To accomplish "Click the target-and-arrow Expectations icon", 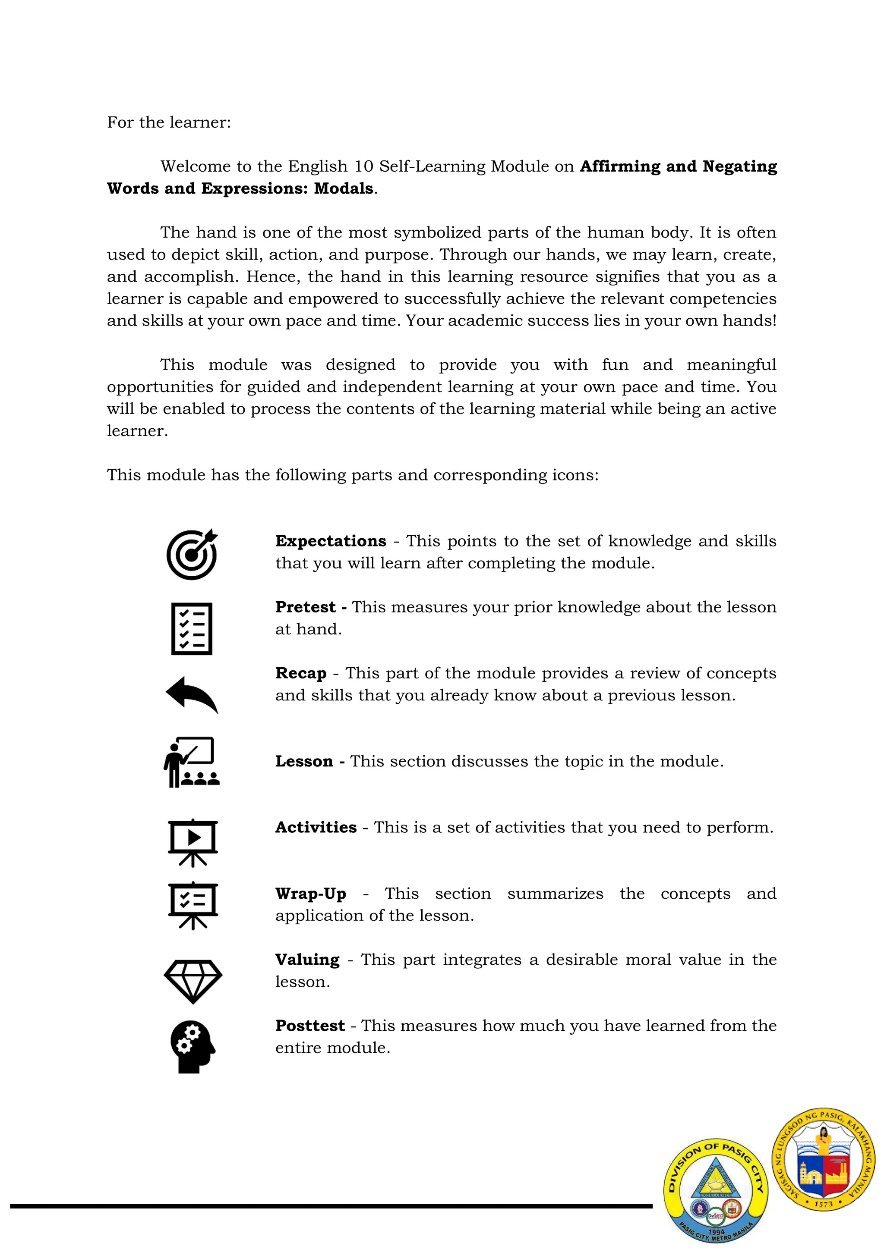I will [192, 554].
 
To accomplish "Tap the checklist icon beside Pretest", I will [192, 628].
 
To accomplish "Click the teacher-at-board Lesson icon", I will [192, 762].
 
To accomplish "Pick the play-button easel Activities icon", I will [193, 843].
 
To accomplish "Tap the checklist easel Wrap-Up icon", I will [193, 906].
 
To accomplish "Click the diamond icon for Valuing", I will [193, 981].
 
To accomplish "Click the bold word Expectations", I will [330, 541].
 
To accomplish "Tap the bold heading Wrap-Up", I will [310, 894].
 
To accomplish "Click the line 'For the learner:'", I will [169, 122].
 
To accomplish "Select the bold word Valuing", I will [307, 960].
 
